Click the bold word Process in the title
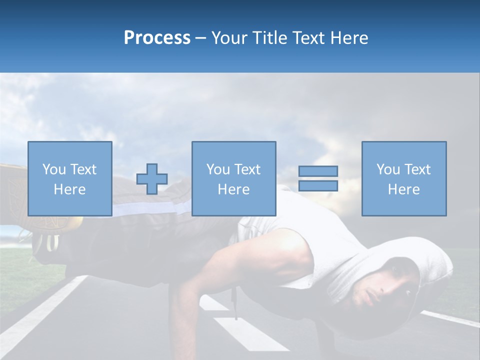pyautogui.click(x=157, y=38)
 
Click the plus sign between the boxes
pyautogui.click(x=152, y=179)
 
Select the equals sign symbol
pyautogui.click(x=318, y=178)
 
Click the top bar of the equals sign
pyautogui.click(x=318, y=171)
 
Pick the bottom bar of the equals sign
pyautogui.click(x=318, y=186)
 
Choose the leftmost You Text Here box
pyautogui.click(x=69, y=178)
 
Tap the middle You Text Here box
pyautogui.click(x=233, y=178)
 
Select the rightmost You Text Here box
pyautogui.click(x=403, y=178)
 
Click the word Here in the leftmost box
pyautogui.click(x=69, y=189)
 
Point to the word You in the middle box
pyautogui.click(x=217, y=169)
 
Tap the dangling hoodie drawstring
pyautogui.click(x=233, y=302)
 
